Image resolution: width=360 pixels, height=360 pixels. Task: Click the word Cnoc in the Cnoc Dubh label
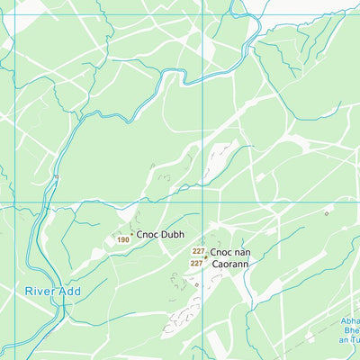(x=148, y=234)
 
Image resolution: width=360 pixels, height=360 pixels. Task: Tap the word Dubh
(x=173, y=234)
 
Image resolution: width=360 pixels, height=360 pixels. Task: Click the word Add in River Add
(x=69, y=292)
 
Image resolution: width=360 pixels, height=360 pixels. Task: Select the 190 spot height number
(x=122, y=240)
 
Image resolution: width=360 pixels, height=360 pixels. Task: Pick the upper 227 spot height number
(x=198, y=252)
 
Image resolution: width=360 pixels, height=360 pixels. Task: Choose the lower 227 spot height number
(x=196, y=263)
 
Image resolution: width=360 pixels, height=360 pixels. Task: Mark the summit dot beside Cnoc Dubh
(x=132, y=235)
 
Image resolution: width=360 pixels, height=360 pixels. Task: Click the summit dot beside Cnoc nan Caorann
(x=206, y=256)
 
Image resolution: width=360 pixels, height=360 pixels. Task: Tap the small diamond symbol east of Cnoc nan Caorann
(x=326, y=213)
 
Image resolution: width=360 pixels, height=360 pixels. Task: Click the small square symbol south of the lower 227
(x=196, y=284)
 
